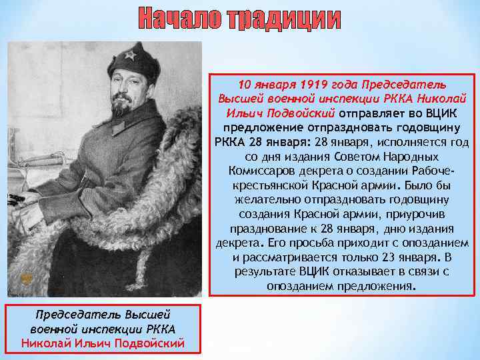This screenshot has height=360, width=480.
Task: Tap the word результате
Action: click(x=265, y=271)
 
